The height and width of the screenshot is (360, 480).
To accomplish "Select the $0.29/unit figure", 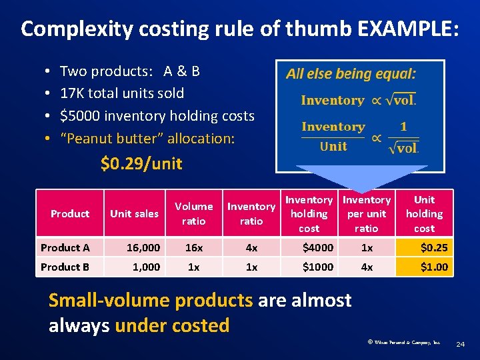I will click(141, 163).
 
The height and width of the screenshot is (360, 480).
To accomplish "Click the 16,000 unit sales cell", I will click(143, 247).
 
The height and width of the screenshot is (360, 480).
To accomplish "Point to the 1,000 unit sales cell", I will click(146, 267).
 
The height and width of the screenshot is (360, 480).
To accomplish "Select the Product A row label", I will click(65, 247).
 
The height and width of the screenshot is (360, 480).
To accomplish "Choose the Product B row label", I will click(65, 267).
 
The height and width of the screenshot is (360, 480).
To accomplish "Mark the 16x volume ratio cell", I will click(194, 247).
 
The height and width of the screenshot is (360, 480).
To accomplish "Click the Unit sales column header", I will click(134, 213).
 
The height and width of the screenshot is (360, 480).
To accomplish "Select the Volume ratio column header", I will click(194, 213).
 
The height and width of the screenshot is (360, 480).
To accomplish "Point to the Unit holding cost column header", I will click(424, 213).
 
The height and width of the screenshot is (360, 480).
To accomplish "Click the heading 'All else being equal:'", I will click(351, 73).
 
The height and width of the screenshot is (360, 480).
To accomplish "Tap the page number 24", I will click(459, 344).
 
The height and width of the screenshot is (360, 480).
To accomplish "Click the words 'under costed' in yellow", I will click(172, 325).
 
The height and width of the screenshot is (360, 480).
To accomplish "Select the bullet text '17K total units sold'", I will click(122, 93).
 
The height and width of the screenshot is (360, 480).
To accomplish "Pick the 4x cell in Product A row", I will click(251, 247).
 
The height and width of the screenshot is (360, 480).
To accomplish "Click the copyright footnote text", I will click(403, 343).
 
